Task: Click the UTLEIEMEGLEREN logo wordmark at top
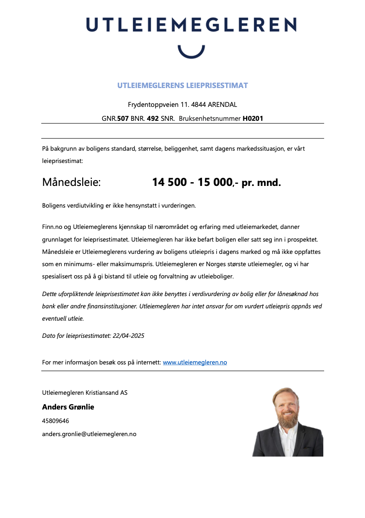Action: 191,25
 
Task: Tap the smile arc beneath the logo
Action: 191,53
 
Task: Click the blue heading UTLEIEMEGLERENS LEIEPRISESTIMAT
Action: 182,86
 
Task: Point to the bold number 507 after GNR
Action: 123,119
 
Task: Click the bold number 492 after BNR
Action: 152,119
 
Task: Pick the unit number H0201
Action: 253,119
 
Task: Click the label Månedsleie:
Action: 71,182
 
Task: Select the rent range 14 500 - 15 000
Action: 192,182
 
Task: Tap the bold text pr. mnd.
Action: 261,183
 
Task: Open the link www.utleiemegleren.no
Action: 195,362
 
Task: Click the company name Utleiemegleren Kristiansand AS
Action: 85,393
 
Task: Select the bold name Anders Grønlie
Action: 68,407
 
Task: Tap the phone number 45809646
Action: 56,421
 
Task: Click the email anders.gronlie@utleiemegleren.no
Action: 89,434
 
